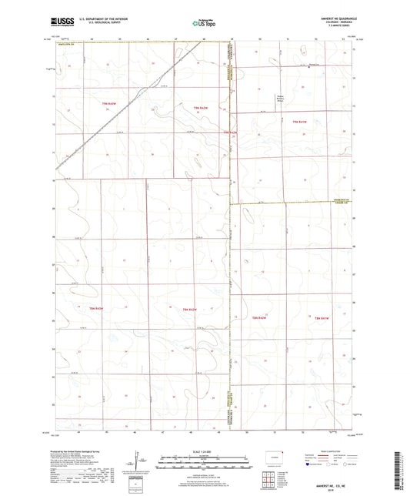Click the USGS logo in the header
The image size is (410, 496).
[x=58, y=22]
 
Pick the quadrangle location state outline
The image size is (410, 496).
[x=272, y=457]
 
